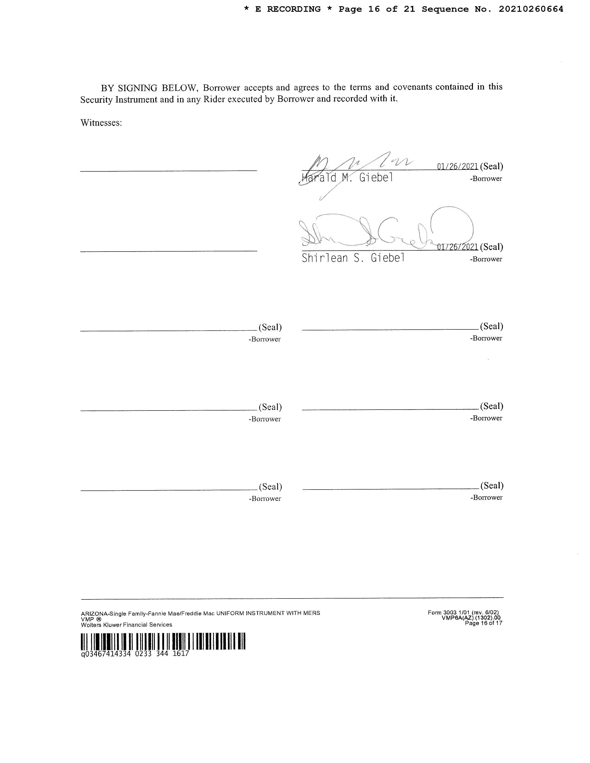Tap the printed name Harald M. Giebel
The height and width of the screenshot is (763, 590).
tap(347, 178)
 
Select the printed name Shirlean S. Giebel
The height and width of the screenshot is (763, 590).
tap(353, 258)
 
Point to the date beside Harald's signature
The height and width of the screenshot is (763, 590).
tap(457, 166)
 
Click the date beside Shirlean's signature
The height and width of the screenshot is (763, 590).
tap(457, 247)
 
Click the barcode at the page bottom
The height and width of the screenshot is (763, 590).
tap(163, 641)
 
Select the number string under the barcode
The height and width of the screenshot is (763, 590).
tap(135, 653)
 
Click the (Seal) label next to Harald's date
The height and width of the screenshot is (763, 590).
tap(491, 166)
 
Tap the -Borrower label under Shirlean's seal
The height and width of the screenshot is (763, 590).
tap(486, 259)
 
